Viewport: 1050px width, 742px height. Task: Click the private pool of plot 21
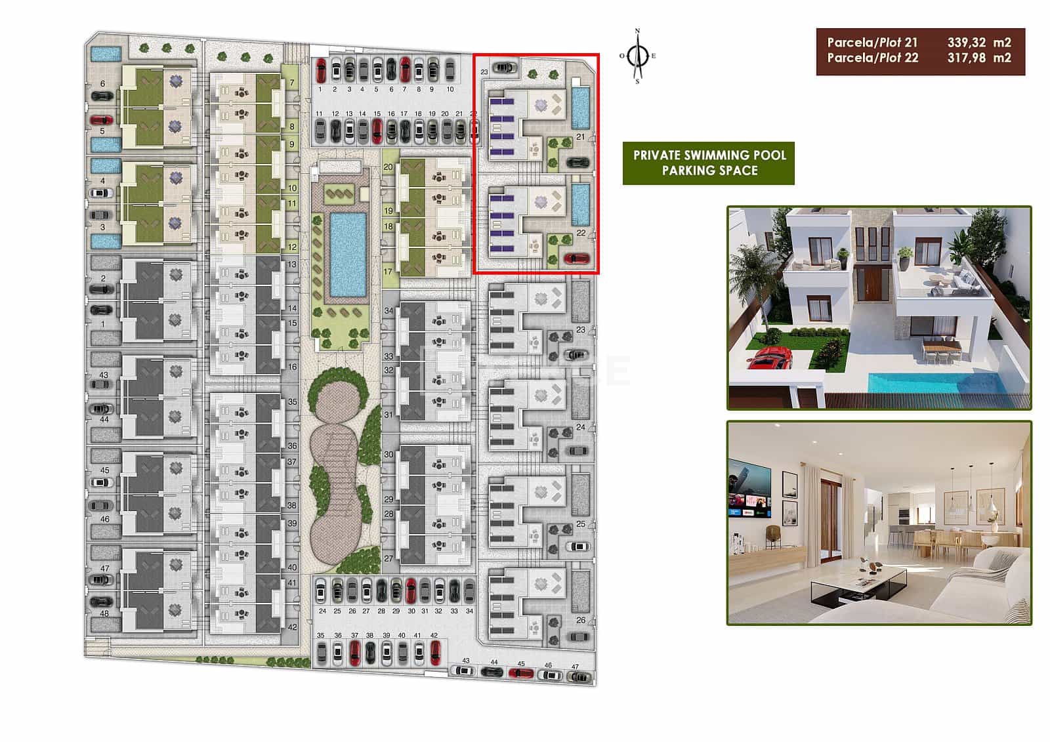point(580,107)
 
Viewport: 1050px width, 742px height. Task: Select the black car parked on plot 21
point(577,162)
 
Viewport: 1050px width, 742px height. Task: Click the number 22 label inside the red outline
point(581,233)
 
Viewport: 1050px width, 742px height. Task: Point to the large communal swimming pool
point(348,254)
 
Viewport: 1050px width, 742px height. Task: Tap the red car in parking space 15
point(377,131)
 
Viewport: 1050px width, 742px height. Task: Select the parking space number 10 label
point(450,89)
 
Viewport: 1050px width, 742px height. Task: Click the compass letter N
point(637,31)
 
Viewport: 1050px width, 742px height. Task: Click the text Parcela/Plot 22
point(872,58)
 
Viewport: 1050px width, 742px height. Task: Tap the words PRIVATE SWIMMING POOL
point(709,155)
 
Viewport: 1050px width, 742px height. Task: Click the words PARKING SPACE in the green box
point(709,171)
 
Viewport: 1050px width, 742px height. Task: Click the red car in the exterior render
point(770,360)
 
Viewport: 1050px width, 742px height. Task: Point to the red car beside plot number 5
point(101,120)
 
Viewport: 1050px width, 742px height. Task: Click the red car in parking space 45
point(521,673)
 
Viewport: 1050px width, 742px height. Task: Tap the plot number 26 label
point(581,620)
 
